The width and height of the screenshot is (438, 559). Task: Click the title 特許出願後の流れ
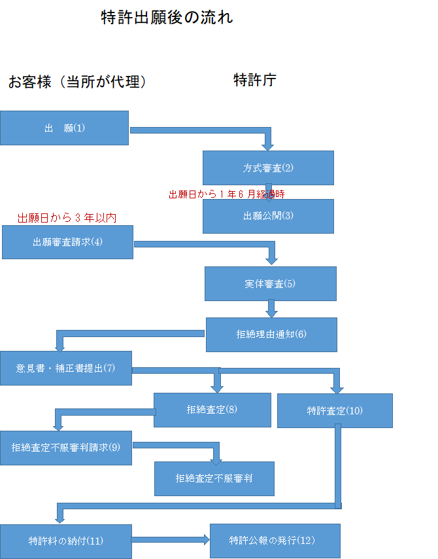(167, 18)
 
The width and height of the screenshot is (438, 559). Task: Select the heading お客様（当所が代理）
(76, 82)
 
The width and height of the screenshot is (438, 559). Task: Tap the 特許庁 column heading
(255, 81)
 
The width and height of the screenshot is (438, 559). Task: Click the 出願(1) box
(64, 128)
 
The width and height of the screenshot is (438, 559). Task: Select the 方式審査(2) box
(268, 168)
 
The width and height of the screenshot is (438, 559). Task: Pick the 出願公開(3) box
(268, 216)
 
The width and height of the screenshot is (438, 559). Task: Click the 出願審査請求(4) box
(67, 242)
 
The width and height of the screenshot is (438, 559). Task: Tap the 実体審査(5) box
(270, 283)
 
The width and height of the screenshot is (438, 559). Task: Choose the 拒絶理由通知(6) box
(271, 334)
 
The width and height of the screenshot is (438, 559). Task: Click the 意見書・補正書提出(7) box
(65, 368)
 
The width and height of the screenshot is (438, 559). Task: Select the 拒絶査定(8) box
(212, 410)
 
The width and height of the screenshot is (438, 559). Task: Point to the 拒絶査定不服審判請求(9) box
(65, 448)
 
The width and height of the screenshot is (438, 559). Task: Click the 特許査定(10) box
(335, 410)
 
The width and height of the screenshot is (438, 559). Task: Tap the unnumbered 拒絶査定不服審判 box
(214, 478)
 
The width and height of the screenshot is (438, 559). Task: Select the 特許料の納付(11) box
(65, 541)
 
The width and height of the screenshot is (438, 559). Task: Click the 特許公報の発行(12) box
(275, 540)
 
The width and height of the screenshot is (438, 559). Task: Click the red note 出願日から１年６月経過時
(227, 194)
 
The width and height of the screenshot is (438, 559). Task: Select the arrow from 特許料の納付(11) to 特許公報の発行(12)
(171, 540)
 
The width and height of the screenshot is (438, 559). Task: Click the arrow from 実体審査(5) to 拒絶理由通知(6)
(271, 308)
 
